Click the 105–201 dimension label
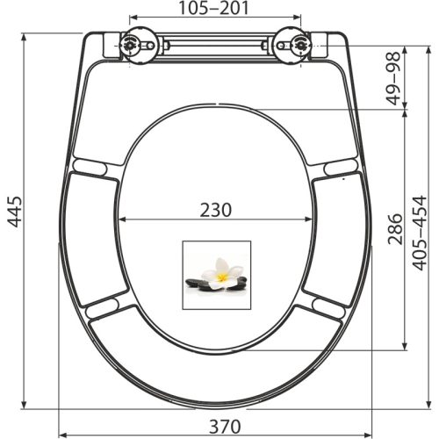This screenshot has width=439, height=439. coord(215,9)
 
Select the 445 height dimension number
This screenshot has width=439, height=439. coord(13,212)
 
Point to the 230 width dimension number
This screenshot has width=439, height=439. coord(215,210)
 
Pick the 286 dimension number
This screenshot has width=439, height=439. coord(395,231)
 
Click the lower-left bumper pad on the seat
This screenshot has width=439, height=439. coord(104,307)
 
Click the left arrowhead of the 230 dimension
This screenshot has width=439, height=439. coord(121,219)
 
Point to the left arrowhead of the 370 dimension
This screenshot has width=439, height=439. coord(61,435)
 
